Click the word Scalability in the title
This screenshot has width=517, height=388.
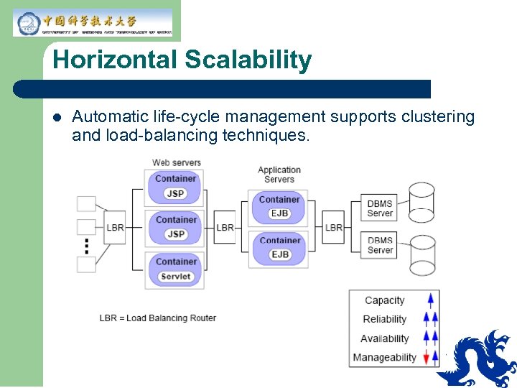(x=248, y=60)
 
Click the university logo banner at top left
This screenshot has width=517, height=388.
(x=93, y=22)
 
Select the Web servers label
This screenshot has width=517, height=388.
(x=177, y=162)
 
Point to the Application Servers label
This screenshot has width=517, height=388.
(x=279, y=175)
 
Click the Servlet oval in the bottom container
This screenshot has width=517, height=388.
(x=176, y=277)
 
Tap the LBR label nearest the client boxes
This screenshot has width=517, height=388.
(x=115, y=228)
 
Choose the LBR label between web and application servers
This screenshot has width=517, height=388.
(x=225, y=228)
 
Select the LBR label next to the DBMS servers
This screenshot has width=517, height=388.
(x=334, y=228)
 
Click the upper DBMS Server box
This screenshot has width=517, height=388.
(x=380, y=208)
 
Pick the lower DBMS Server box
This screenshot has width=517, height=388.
(x=380, y=246)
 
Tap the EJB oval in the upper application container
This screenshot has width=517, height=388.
(x=279, y=213)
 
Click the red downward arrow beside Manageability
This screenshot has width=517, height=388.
(x=426, y=357)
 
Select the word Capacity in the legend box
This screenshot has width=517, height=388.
(x=384, y=301)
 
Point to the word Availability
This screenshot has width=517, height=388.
(x=384, y=338)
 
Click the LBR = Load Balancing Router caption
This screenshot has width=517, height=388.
(x=157, y=318)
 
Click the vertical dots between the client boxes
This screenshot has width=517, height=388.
(x=87, y=246)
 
